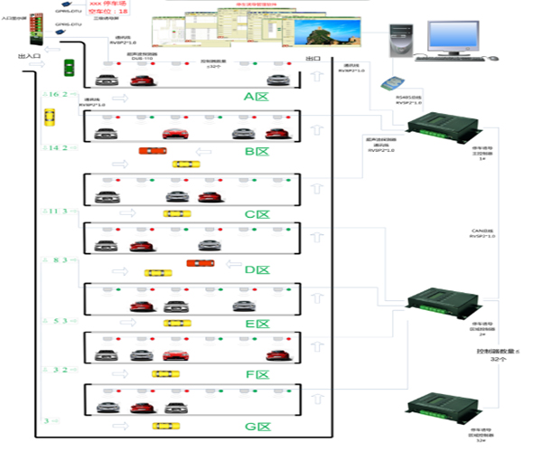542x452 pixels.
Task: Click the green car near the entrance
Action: click(x=69, y=67)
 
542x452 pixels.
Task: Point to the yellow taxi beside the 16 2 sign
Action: click(x=50, y=118)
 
